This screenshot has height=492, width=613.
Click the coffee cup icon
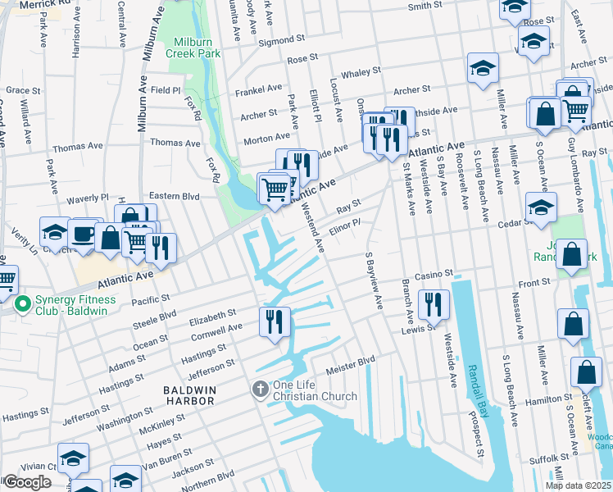click(x=83, y=233)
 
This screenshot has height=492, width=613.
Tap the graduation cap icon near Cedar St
click(x=542, y=207)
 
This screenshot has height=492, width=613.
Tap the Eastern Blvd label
click(x=175, y=197)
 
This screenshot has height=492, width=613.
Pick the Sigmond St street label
click(x=281, y=40)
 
